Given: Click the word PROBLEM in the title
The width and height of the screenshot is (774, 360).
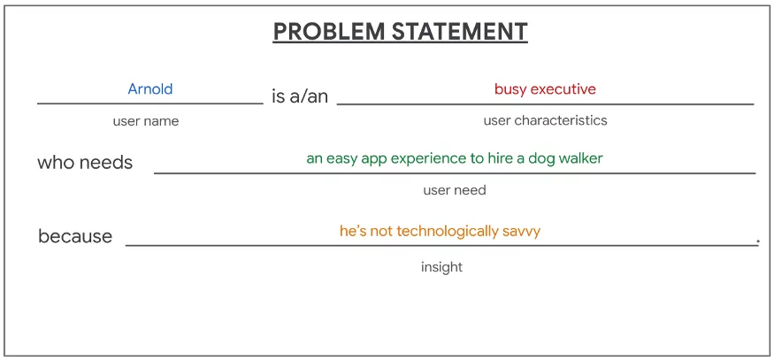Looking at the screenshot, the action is point(329,31).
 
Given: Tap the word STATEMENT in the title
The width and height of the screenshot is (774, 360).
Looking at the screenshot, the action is point(460,31).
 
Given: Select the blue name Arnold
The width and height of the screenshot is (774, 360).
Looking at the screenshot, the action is point(150,88).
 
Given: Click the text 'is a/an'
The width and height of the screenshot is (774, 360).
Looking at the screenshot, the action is point(300,96).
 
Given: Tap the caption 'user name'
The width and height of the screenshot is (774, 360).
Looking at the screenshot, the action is point(146,121).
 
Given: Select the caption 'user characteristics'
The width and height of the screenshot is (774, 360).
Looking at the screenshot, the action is point(546,120).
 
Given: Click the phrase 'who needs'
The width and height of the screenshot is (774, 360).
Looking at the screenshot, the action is point(85,162).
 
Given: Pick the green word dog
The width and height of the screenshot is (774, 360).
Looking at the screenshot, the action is point(547,158).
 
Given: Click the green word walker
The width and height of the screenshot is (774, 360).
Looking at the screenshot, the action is point(583,158).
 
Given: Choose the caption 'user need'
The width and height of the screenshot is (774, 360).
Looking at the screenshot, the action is point(455,190).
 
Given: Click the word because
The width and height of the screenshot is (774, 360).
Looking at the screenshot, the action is point(75,236).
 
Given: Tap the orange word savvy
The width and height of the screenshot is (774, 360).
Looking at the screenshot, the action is point(522,232).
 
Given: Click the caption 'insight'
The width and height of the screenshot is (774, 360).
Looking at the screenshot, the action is point(441,267).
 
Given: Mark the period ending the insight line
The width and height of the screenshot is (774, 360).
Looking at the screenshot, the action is point(758,242).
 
